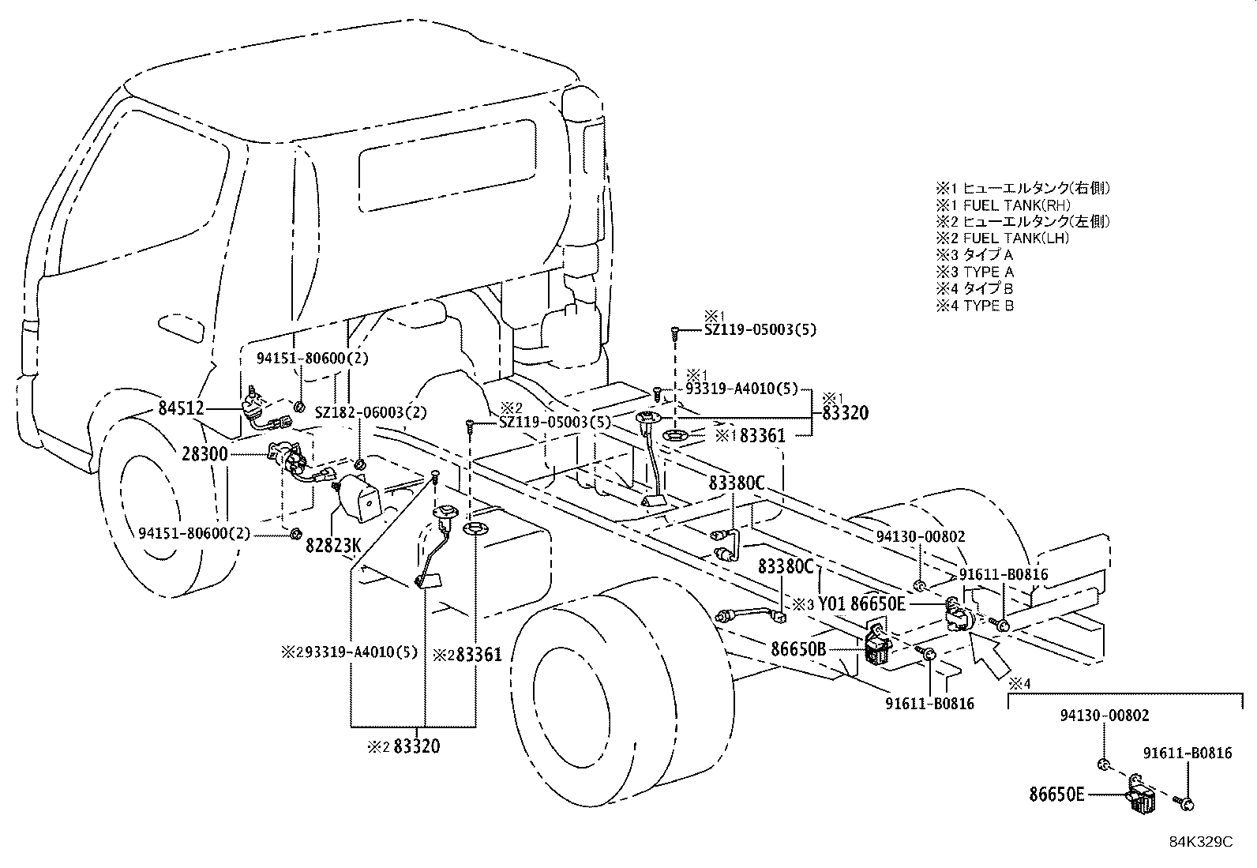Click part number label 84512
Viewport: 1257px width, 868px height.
click(x=181, y=408)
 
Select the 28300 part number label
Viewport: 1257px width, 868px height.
click(x=204, y=454)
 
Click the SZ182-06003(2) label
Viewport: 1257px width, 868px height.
click(x=371, y=412)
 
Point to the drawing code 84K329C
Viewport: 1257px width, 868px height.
click(x=1200, y=842)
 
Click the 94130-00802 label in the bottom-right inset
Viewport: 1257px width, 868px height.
click(x=1104, y=716)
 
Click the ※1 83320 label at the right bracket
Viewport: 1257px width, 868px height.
click(x=845, y=412)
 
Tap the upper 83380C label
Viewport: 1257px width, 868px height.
click(x=736, y=483)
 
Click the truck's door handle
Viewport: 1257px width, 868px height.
click(x=181, y=325)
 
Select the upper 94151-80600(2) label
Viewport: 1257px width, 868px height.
click(x=312, y=358)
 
